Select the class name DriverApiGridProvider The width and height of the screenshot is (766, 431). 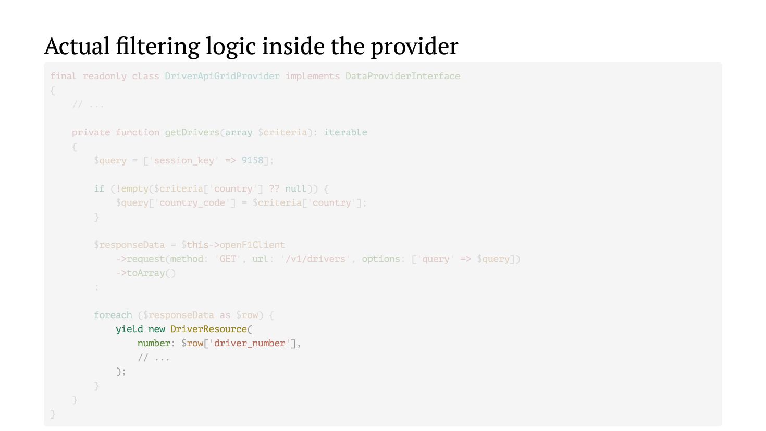222,76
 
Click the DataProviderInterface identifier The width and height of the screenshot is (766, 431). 402,76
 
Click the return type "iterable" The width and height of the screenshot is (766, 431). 345,132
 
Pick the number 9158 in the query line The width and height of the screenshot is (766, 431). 252,160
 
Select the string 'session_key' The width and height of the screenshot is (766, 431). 184,160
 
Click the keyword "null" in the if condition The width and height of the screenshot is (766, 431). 295,188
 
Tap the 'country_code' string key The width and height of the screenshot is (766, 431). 192,202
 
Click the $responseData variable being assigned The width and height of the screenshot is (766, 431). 129,245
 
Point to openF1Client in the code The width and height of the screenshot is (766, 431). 252,245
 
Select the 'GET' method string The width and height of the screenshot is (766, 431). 228,259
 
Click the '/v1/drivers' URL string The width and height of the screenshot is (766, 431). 315,259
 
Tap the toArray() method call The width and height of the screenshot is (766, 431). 151,273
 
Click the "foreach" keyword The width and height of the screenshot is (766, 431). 113,315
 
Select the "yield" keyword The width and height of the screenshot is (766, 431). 129,329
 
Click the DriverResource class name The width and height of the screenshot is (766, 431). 208,329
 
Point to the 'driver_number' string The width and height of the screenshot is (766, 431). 250,343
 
